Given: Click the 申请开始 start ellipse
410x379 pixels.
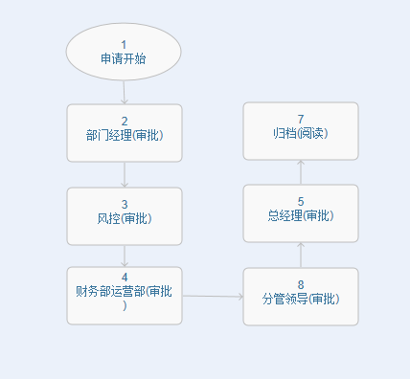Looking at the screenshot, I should tap(124, 52).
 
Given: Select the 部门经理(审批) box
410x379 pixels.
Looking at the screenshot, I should tap(125, 133).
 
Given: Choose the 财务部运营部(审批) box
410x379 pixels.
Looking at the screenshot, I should tap(125, 296).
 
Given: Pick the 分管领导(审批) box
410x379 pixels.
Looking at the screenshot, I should tap(301, 297).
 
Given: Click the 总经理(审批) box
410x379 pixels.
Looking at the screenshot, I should tap(301, 213).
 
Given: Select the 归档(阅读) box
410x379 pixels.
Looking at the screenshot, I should tap(301, 131).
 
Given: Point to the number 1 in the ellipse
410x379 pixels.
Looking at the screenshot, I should tap(124, 45).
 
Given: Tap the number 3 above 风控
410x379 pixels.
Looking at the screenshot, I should tap(125, 204).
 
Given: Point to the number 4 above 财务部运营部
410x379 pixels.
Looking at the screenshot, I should tap(125, 278).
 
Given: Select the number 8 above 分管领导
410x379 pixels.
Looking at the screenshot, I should tap(301, 285).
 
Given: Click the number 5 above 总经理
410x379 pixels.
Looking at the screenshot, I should tap(301, 202).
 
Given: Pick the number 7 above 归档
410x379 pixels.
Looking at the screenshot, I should tap(301, 119).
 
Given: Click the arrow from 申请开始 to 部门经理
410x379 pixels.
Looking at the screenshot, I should tap(125, 92).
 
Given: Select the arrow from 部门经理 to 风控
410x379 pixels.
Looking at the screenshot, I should tap(125, 174).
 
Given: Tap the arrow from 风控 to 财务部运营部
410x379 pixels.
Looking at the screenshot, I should tap(125, 256).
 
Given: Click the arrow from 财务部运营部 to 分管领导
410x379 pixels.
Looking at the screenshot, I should tap(213, 297).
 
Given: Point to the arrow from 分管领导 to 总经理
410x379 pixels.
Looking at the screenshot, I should tap(301, 256).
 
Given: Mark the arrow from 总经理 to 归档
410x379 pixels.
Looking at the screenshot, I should tap(301, 172).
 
